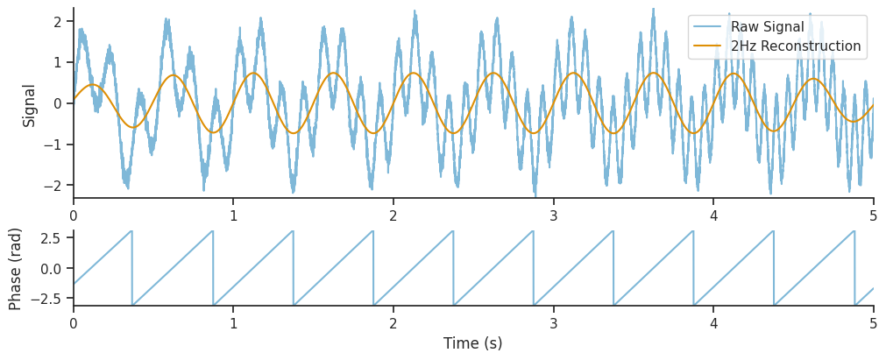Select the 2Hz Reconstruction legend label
pyautogui.click(x=795, y=46)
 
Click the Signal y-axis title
pyautogui.click(x=30, y=105)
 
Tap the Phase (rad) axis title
pyautogui.click(x=16, y=269)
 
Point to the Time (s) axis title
pyautogui.click(x=473, y=343)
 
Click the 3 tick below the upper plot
pyautogui.click(x=554, y=215)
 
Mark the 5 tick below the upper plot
pyautogui.click(x=874, y=215)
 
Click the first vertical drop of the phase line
pyautogui.click(x=132, y=268)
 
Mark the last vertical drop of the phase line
pyautogui.click(x=854, y=268)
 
